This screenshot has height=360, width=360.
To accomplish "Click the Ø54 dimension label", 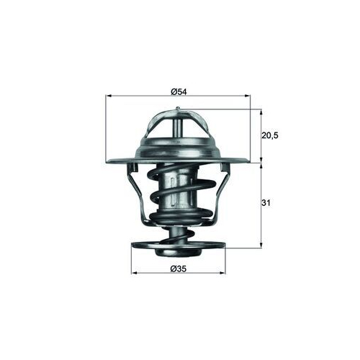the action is (x=179, y=91).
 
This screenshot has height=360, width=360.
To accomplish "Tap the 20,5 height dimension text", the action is (x=269, y=135).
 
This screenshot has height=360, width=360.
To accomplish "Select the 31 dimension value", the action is (x=266, y=203).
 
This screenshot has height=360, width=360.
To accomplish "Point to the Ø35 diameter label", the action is (x=179, y=269).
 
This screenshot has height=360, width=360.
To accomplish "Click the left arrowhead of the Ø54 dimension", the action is (x=109, y=96).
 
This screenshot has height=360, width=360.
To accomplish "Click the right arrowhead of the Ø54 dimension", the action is (x=247, y=96).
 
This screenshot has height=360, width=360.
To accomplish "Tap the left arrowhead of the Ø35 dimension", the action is (x=135, y=273).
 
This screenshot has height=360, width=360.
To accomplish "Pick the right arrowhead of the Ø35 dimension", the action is (x=222, y=273).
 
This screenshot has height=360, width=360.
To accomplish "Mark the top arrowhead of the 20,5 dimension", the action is (x=261, y=112).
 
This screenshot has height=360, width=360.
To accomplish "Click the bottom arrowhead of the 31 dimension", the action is (x=261, y=246).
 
